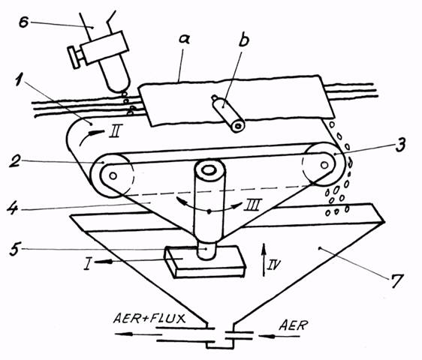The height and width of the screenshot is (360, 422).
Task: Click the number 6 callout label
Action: coord(24,22)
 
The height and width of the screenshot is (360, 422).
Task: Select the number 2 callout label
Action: coord(14,160)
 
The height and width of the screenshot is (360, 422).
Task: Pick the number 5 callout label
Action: coord(15,249)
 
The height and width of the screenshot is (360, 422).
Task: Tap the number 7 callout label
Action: coord(397,281)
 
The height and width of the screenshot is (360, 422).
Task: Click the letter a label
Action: coord(185,39)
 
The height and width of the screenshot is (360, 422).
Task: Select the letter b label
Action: coord(244,40)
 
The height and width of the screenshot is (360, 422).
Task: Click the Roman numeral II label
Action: coord(116,131)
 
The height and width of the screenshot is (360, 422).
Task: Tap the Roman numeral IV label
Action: coord(274,265)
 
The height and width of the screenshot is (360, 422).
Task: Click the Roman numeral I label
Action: coord(86,263)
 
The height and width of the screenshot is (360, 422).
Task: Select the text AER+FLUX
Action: coord(149,319)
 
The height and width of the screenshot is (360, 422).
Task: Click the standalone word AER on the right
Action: coord(294,325)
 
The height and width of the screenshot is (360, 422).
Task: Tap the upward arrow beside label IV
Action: coord(264,259)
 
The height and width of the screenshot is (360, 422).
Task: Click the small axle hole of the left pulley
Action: coord(113,175)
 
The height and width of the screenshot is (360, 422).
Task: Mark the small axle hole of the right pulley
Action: coord(324,164)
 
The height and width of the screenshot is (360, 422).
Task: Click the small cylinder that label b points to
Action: coord(228,113)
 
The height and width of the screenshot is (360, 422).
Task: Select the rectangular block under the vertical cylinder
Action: coord(205,262)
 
